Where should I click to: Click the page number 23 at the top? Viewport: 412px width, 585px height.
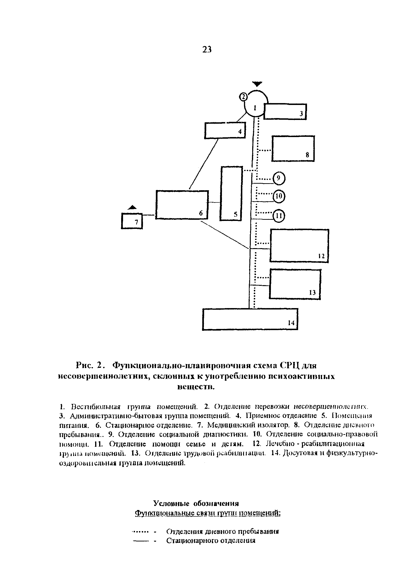[x=207, y=49]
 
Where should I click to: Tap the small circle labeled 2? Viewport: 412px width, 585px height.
[x=243, y=97]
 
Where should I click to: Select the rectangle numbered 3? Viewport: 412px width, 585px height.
[x=285, y=111]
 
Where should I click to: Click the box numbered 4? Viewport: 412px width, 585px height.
[x=225, y=130]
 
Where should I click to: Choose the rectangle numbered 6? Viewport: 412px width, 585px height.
[x=182, y=205]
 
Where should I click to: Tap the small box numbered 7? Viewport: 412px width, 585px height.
[x=132, y=221]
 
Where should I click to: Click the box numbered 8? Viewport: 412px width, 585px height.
[x=293, y=149]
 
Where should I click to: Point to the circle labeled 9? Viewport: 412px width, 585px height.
[x=279, y=178]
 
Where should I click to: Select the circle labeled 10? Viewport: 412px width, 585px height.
[x=279, y=196]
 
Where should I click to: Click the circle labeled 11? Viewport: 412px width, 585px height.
[x=279, y=216]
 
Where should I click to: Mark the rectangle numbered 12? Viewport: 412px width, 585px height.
[x=299, y=246]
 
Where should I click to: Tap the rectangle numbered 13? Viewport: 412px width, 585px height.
[x=295, y=284]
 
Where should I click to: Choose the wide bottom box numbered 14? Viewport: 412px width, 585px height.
[x=250, y=319]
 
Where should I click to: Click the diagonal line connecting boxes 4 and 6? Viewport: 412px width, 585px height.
[x=204, y=164]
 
